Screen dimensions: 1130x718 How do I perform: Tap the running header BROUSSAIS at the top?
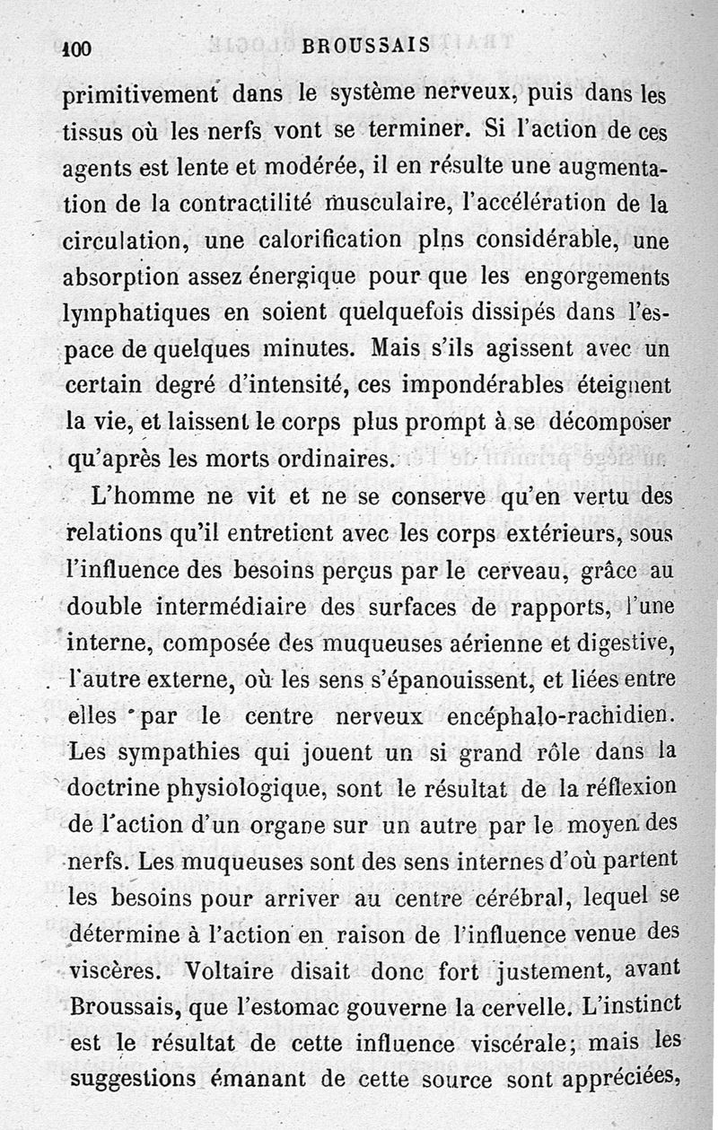(366, 46)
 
